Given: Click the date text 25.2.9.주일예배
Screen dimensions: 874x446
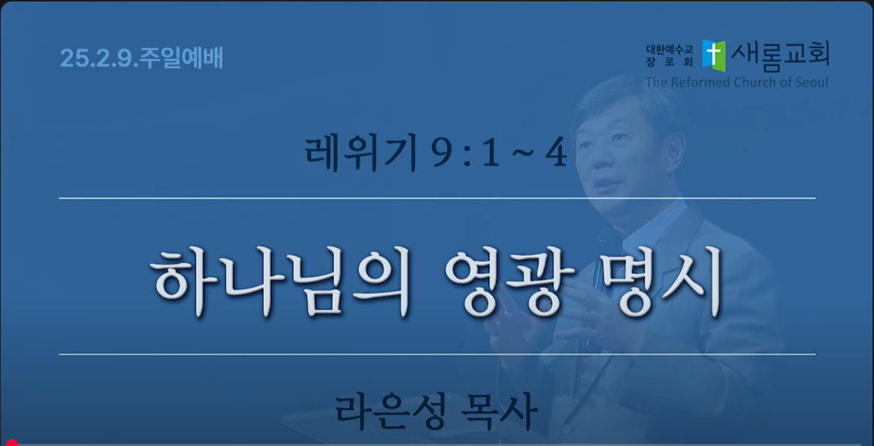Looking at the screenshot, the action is click(x=141, y=59).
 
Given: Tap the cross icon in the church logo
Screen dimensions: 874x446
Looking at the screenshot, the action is click(x=713, y=56).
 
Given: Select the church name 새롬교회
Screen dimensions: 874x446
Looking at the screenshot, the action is click(x=780, y=55).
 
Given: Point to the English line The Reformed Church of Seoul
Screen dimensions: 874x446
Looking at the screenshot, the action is click(x=736, y=83).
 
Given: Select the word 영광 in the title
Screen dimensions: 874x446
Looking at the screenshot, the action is click(x=510, y=281).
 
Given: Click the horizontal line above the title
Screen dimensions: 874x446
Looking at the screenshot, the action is click(x=437, y=197).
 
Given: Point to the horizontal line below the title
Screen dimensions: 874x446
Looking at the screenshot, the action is click(x=437, y=354).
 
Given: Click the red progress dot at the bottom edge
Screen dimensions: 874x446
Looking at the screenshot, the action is click(x=12, y=443).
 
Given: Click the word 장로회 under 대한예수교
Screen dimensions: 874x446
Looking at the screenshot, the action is click(x=670, y=64).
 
